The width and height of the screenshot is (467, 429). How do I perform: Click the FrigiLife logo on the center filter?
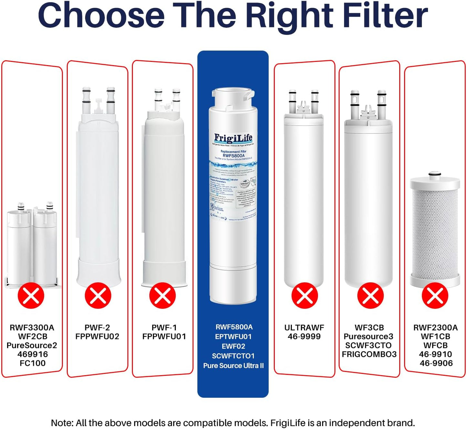(x=233, y=138)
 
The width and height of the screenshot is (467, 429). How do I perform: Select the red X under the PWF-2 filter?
(x=98, y=295)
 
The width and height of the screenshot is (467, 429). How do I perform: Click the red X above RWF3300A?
(x=31, y=295)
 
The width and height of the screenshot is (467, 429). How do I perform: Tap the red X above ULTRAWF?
(x=304, y=295)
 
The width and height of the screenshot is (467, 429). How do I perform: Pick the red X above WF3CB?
(x=370, y=295)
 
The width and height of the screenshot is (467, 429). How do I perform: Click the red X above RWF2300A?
(x=435, y=295)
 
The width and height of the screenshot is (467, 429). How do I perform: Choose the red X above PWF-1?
(x=163, y=295)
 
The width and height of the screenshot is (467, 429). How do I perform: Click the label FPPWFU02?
(x=97, y=337)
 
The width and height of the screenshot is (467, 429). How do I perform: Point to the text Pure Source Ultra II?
(x=233, y=366)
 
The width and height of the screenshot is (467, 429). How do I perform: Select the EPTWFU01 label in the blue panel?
(x=233, y=337)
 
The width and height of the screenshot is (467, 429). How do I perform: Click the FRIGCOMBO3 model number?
(x=369, y=354)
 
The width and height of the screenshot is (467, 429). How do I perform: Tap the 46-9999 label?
(x=304, y=337)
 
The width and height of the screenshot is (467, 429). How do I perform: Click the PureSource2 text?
(x=32, y=345)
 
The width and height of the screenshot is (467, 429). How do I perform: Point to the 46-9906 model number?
(x=436, y=363)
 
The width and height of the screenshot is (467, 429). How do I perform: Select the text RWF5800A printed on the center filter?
(x=234, y=156)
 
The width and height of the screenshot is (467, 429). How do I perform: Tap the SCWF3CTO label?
(x=368, y=345)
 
